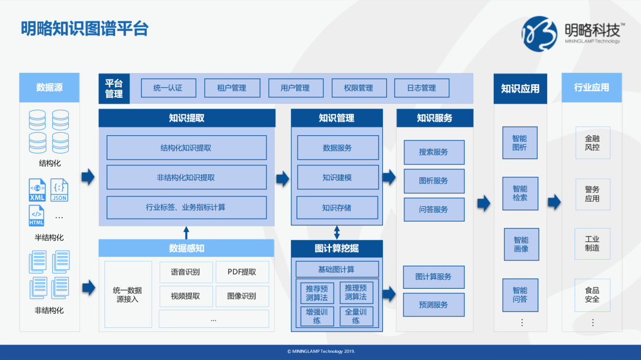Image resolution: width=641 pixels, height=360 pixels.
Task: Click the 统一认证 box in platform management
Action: click(x=169, y=88)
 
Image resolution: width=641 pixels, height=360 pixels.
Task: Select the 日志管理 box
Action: click(x=421, y=88)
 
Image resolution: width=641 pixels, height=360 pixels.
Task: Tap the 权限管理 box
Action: click(x=358, y=88)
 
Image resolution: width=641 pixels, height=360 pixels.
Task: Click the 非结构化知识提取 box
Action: click(x=186, y=177)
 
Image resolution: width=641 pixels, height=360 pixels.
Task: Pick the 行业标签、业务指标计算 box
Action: click(x=186, y=208)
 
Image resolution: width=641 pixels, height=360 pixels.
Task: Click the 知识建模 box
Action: click(x=337, y=177)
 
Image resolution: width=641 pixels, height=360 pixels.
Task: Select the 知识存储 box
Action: click(x=337, y=208)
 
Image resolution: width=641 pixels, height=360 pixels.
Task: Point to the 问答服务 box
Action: click(x=434, y=209)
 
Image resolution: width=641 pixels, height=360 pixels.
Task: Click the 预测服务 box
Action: click(x=434, y=305)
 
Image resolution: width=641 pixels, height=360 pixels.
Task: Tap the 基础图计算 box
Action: click(x=337, y=269)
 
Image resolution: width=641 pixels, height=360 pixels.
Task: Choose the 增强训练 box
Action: click(x=317, y=316)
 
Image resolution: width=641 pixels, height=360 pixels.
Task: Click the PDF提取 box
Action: click(x=242, y=272)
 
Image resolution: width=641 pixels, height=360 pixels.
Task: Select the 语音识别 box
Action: click(x=186, y=272)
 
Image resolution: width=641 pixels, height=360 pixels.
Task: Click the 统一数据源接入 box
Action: click(x=128, y=295)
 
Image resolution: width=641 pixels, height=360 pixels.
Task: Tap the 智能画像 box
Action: click(x=521, y=244)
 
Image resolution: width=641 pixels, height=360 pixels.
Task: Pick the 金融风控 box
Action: click(x=592, y=142)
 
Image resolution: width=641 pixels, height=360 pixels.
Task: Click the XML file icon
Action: click(x=37, y=190)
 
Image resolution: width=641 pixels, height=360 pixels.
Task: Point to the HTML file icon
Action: click(x=37, y=215)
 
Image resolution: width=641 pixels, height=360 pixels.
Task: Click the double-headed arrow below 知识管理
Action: click(x=337, y=232)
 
